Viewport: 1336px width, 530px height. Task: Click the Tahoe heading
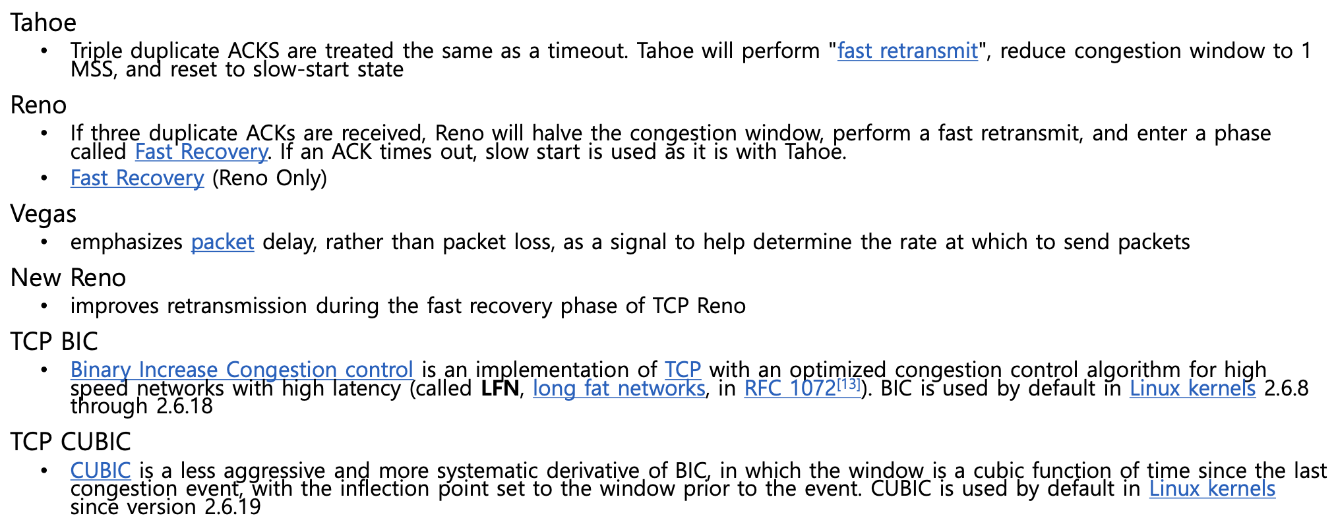pyautogui.click(x=44, y=23)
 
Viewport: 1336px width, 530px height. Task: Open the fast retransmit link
pyautogui.click(x=907, y=51)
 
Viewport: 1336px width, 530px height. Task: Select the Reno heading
pyautogui.click(x=38, y=105)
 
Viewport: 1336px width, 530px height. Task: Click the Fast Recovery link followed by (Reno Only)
pyautogui.click(x=137, y=179)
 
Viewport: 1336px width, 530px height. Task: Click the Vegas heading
pyautogui.click(x=44, y=214)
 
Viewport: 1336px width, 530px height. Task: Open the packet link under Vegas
pyautogui.click(x=222, y=243)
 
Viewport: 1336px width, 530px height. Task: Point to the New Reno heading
pyautogui.click(x=68, y=278)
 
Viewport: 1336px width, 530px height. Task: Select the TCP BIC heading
pyautogui.click(x=54, y=342)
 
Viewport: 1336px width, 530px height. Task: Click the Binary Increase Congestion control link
pyautogui.click(x=241, y=370)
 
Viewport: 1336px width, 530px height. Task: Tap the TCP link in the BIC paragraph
pyautogui.click(x=683, y=370)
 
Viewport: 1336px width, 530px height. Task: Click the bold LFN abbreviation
pyautogui.click(x=500, y=388)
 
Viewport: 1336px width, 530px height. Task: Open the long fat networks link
pyautogui.click(x=619, y=388)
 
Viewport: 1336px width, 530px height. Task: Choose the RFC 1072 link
pyautogui.click(x=790, y=388)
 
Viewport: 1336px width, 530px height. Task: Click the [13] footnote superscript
pyautogui.click(x=849, y=384)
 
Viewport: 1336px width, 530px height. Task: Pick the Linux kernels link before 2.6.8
pyautogui.click(x=1192, y=388)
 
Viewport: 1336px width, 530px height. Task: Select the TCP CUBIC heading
pyautogui.click(x=71, y=442)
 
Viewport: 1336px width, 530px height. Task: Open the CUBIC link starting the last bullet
pyautogui.click(x=101, y=471)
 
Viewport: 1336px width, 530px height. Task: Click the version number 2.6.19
pyautogui.click(x=233, y=508)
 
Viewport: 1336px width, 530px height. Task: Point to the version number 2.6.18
pyautogui.click(x=185, y=406)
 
